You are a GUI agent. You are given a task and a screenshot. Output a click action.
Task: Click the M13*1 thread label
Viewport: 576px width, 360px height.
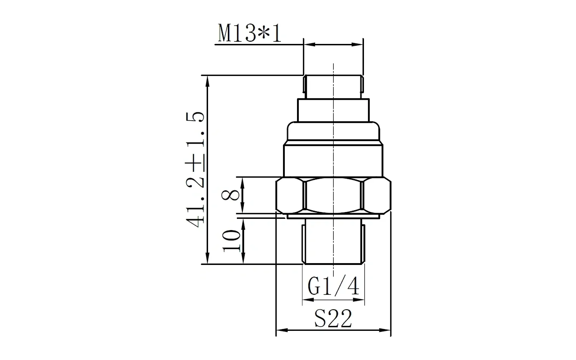(249, 33)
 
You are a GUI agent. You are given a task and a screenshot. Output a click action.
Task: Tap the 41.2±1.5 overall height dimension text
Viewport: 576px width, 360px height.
(195, 170)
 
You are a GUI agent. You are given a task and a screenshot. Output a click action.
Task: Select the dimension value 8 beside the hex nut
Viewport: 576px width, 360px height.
(230, 195)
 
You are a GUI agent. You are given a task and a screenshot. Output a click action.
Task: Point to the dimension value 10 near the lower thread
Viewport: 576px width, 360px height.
(231, 241)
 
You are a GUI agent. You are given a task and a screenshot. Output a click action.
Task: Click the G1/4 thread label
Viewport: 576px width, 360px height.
(333, 286)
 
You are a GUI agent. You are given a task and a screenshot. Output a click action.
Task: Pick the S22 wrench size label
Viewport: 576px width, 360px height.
(333, 318)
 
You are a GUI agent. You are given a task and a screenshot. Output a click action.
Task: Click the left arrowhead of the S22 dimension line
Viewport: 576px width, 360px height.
(282, 330)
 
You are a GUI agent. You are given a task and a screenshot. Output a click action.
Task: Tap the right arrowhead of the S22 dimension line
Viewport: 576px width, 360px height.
(385, 330)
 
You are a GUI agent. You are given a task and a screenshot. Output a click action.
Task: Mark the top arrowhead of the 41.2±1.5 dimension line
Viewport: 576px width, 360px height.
(207, 81)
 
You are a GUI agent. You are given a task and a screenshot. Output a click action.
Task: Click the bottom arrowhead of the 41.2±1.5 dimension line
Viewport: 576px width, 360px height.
(207, 258)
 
